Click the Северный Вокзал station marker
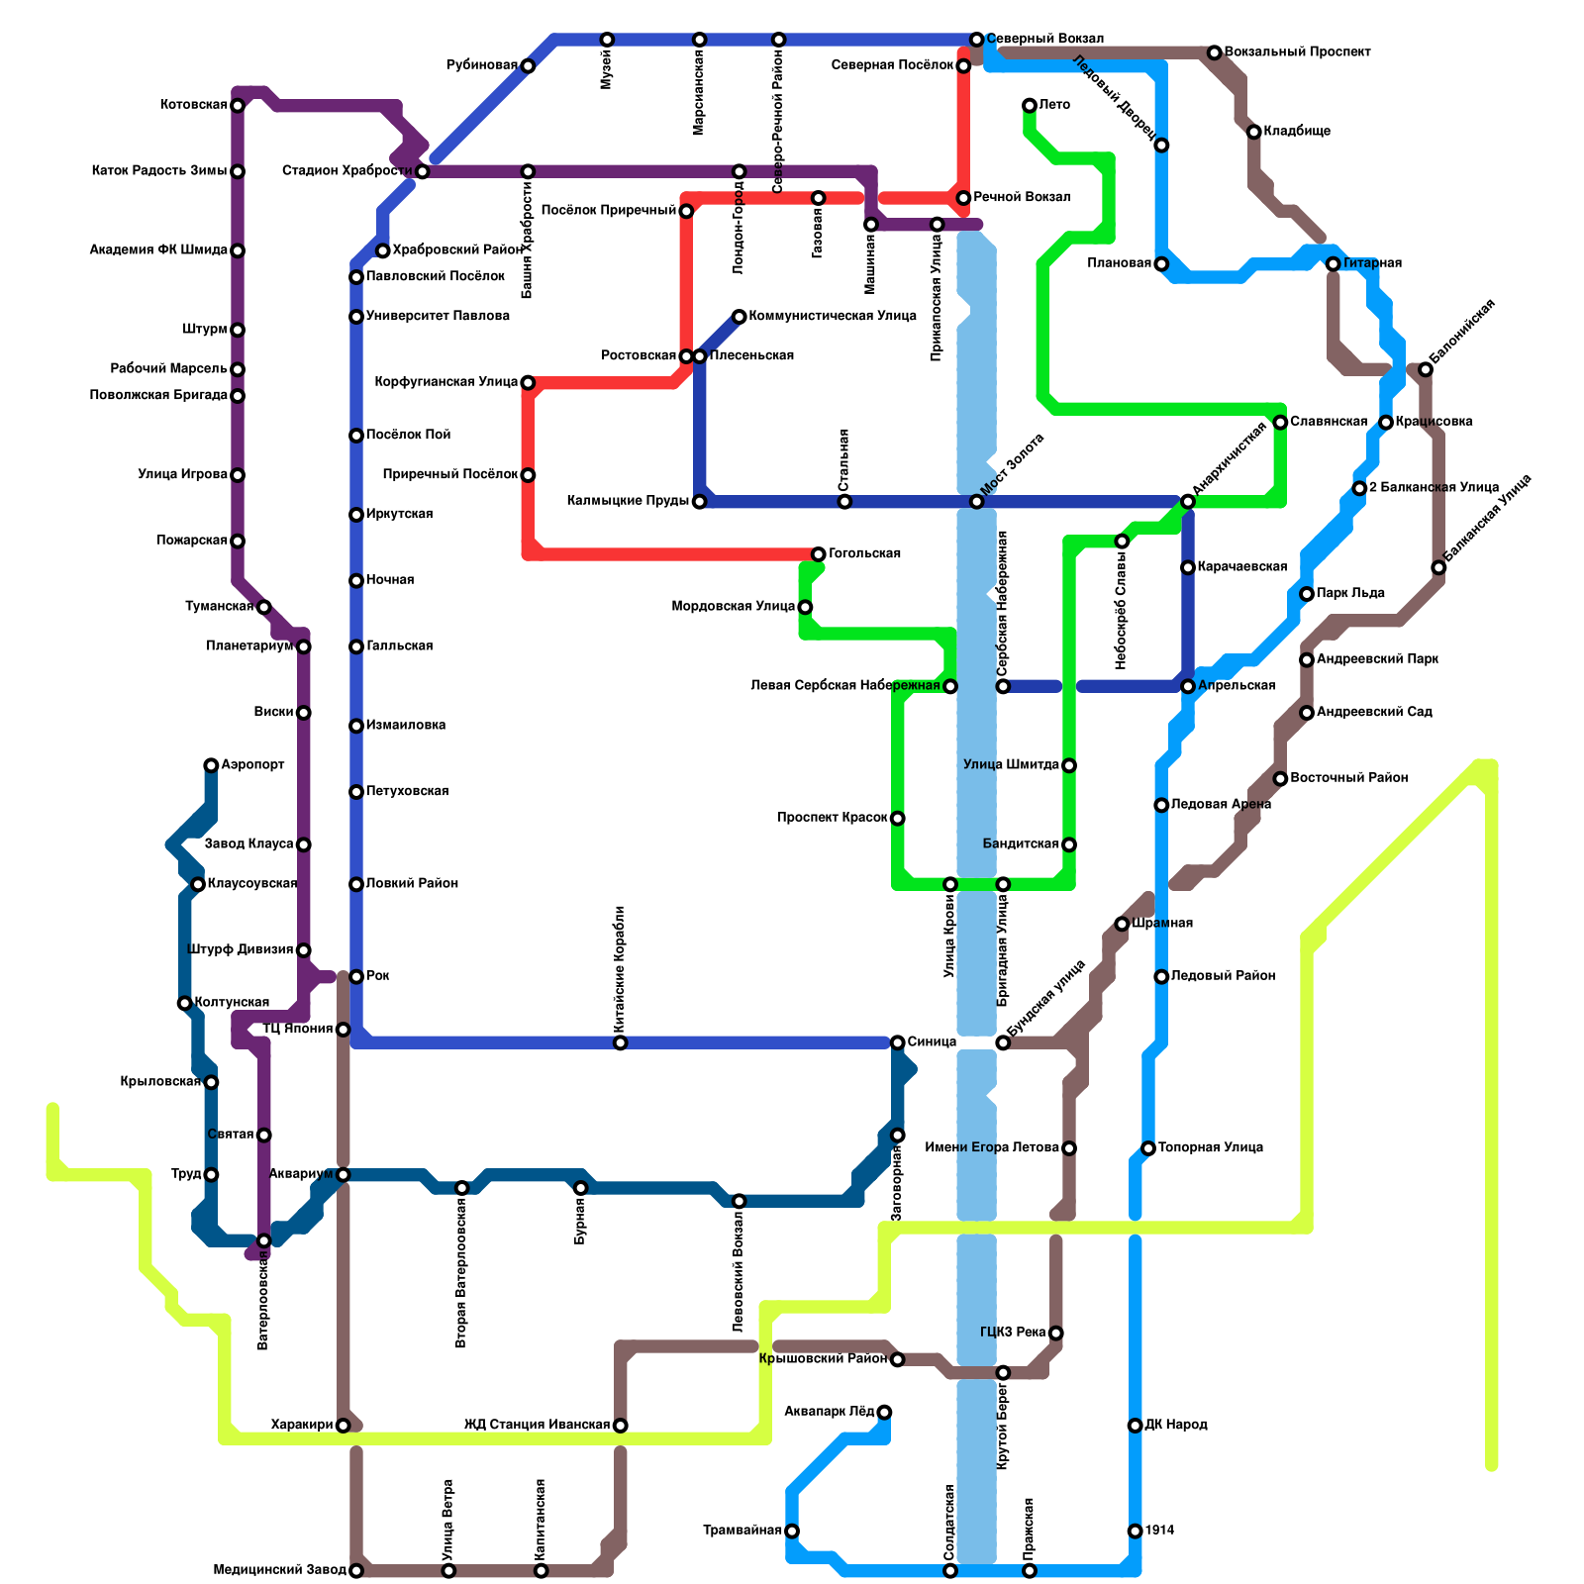click(x=976, y=40)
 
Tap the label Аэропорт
click(x=252, y=765)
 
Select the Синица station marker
click(x=897, y=1042)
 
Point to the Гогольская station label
click(x=864, y=553)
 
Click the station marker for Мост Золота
click(x=976, y=502)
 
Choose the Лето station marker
click(x=1030, y=105)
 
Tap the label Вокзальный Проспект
click(x=1297, y=51)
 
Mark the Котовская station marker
click(x=238, y=106)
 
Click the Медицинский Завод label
click(x=279, y=1570)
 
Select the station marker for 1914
click(x=1135, y=1531)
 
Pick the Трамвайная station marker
click(x=792, y=1531)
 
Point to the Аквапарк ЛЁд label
click(x=829, y=1412)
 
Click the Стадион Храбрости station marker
click(x=423, y=172)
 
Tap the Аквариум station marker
click(x=343, y=1175)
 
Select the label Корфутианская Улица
click(x=446, y=382)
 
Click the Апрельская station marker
click(x=1188, y=686)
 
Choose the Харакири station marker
click(x=343, y=1426)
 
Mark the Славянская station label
click(x=1329, y=422)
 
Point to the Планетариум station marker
click(x=304, y=646)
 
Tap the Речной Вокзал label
click(x=1022, y=198)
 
